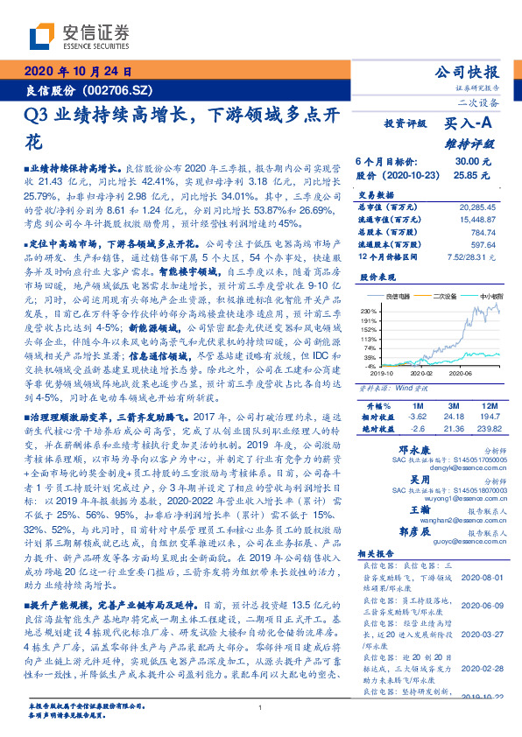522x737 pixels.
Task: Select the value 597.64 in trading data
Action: point(479,244)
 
